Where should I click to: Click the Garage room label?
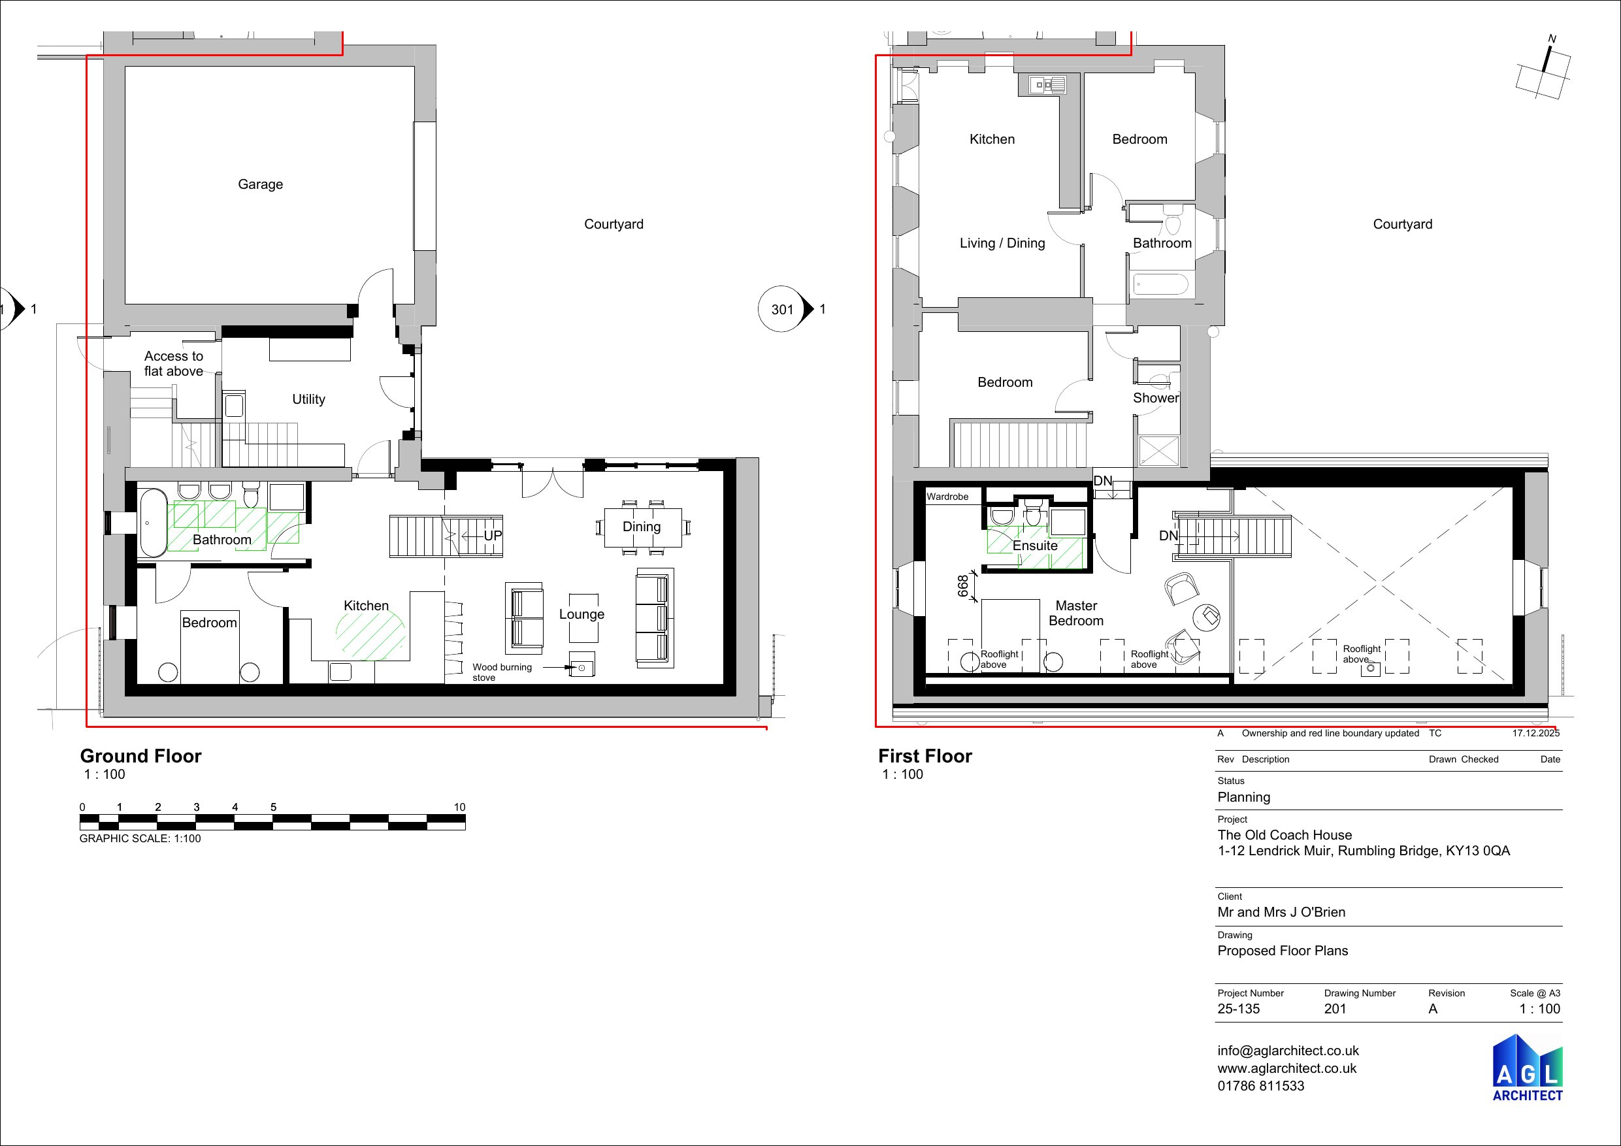coord(260,184)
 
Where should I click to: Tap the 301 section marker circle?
coord(781,309)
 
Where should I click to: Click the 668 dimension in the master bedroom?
coord(963,586)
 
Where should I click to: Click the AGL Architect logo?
coord(1527,1067)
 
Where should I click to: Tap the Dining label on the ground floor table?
coord(641,527)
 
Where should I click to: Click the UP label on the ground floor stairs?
coord(492,536)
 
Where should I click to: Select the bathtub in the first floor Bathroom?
coord(1160,286)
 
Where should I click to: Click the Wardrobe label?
coord(947,497)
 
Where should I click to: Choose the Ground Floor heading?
coord(140,756)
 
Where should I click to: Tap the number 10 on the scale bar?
coord(459,807)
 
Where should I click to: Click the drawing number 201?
coord(1335,1009)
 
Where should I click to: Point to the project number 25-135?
coord(1237,1009)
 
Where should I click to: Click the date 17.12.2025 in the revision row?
coord(1535,734)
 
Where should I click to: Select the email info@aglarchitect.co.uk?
coord(1288,1051)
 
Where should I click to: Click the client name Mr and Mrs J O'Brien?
coord(1281,912)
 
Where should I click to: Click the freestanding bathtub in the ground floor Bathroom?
coord(152,523)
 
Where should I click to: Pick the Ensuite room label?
coord(1034,546)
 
